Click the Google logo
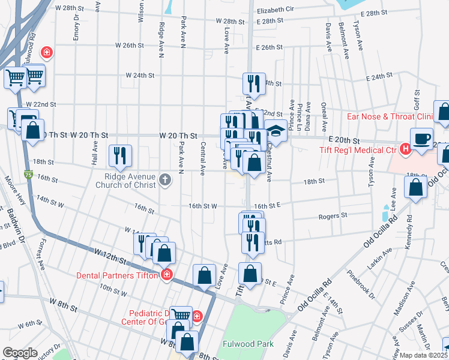click(x=20, y=353)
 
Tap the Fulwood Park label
click(x=248, y=344)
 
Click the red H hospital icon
click(x=406, y=149)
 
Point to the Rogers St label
click(x=333, y=215)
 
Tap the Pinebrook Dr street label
click(x=361, y=285)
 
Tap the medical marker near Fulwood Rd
click(x=46, y=53)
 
